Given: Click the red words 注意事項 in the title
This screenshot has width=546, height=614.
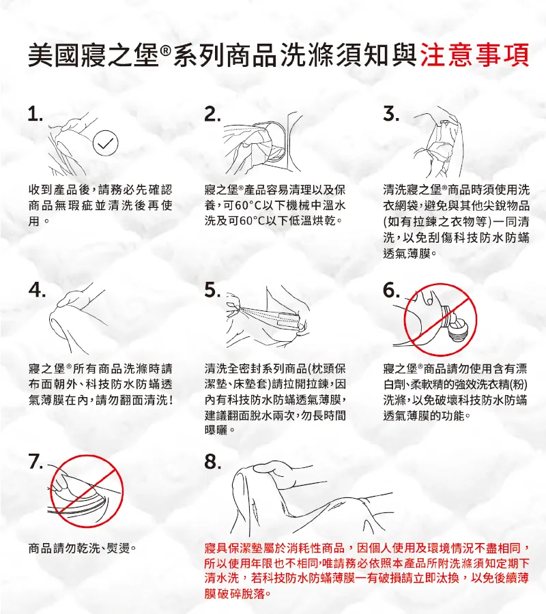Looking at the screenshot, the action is tap(474, 55).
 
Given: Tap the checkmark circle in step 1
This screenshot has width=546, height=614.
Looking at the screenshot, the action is tap(105, 143).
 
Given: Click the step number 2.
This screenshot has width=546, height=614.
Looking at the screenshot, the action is tap(212, 115).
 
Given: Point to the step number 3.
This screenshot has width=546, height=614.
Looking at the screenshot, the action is tap(391, 115).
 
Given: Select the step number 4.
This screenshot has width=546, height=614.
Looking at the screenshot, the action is tap(37, 290).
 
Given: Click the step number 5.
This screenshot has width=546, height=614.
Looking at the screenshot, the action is tap(212, 290).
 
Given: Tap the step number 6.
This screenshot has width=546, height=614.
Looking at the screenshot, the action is tap(391, 290).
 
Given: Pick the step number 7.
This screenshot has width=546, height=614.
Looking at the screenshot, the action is tap(35, 463).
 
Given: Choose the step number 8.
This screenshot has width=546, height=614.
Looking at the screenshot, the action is tap(212, 463).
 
